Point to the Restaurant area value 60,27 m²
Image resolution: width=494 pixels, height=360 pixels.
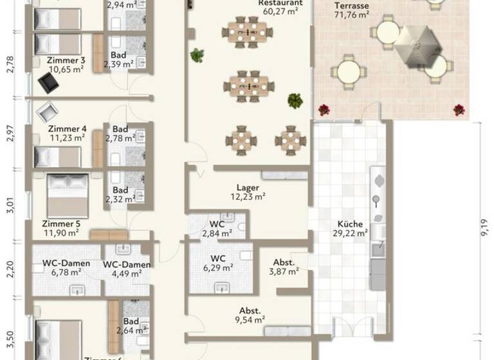(x=280, y=11)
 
